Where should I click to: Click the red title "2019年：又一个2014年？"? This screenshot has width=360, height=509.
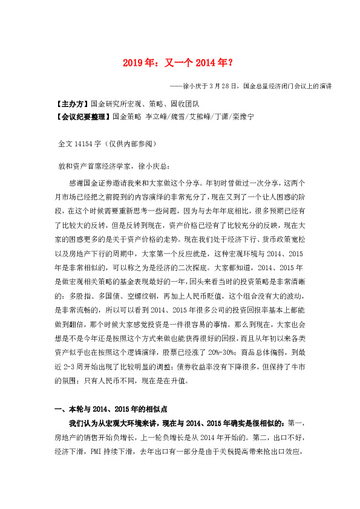(180, 62)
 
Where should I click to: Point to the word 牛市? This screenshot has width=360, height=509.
(307, 365)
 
